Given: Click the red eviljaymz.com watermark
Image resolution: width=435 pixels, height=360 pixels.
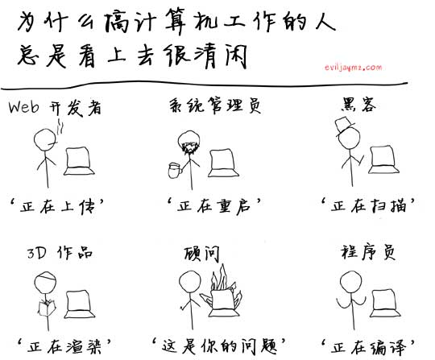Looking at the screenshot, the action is pos(353,68).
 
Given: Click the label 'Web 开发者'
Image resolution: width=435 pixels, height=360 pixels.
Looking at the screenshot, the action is pos(55,108).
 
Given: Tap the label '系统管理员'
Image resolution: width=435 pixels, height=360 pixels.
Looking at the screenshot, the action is pos(215,106).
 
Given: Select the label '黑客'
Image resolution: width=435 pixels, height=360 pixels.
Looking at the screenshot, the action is pos(358,105).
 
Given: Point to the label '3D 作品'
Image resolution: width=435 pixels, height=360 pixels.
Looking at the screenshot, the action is pos(60,252).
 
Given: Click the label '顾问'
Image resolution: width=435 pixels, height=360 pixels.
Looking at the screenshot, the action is pos(201,254).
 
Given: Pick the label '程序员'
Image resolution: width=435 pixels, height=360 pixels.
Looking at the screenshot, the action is pos(368,252).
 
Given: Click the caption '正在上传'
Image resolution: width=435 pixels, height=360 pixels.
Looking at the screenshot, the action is pos(56,207).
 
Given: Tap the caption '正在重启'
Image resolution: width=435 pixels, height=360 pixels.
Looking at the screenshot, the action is pos(214,206).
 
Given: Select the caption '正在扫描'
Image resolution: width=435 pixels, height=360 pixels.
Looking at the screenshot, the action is pos(368,205).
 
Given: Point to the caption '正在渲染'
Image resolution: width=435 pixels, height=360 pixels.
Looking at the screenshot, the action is pos(64,346).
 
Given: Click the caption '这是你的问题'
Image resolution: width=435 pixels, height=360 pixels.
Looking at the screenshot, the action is pos(219,346).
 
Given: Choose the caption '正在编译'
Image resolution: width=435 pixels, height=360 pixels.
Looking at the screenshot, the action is pos(368,346).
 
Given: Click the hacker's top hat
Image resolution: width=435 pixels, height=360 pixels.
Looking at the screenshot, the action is pos(344,126).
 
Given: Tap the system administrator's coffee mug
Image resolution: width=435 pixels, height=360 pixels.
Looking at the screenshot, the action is pos(175,170).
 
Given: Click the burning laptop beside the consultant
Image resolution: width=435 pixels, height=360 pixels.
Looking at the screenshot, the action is pos(222,294).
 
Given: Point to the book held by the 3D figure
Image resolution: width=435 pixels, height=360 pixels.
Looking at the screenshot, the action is pos(47,308).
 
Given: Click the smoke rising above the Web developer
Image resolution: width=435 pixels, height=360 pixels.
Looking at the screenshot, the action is pos(60,127).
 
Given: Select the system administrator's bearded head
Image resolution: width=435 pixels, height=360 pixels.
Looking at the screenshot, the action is pos(190,143).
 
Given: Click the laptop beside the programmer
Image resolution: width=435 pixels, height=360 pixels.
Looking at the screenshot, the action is pos(385,304).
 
